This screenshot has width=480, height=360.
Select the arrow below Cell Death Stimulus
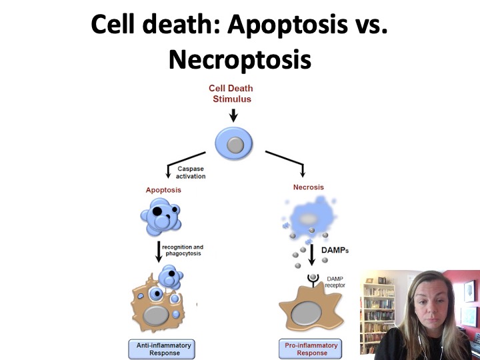coord(233,115)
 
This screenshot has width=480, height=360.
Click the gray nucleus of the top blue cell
coord(234,145)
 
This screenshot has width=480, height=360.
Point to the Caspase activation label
coord(191,172)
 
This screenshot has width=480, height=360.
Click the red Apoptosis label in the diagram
coord(163,190)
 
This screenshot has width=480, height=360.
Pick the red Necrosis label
coord(308,187)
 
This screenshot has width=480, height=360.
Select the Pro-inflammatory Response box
coord(308,349)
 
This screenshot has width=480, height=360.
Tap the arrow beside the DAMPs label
coord(311,255)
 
